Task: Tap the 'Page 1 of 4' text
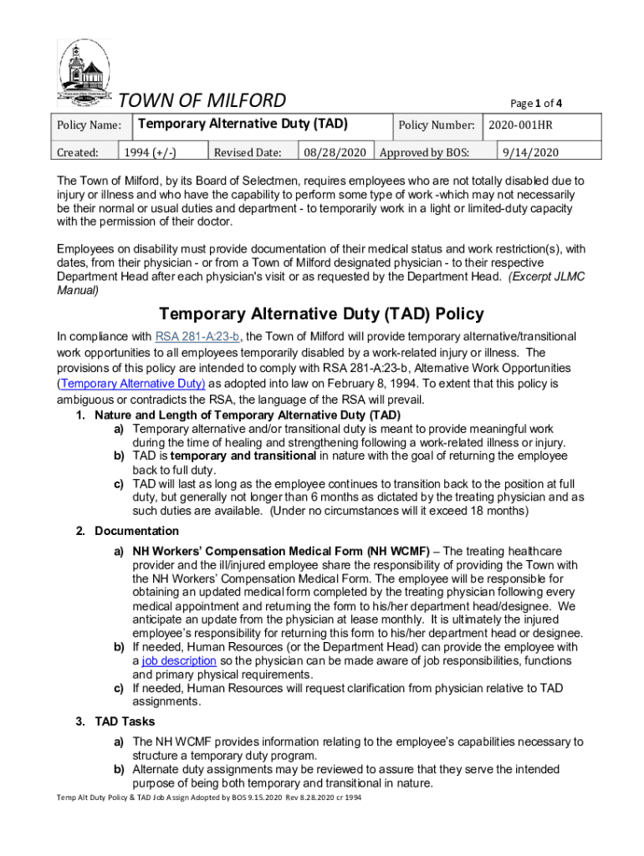point(535,104)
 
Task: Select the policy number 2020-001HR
point(521,125)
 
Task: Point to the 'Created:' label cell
point(77,153)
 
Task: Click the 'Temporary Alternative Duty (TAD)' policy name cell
point(242,125)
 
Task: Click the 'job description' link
point(179,660)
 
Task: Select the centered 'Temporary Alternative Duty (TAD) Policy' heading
point(321,314)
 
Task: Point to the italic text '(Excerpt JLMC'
point(547,277)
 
